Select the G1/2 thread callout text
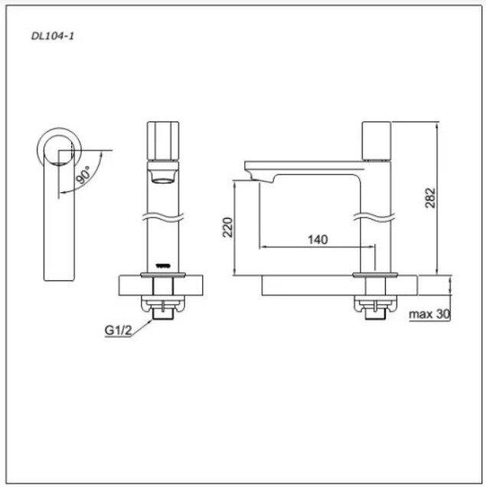pyautogui.click(x=118, y=332)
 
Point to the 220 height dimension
pyautogui.click(x=227, y=227)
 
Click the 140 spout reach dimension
pyautogui.click(x=317, y=240)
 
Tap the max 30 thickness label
pyautogui.click(x=429, y=314)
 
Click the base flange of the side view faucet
pyautogui.click(x=374, y=273)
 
